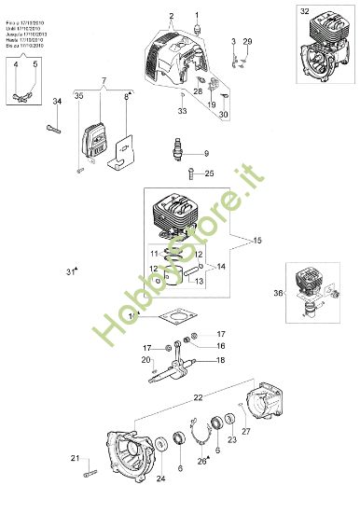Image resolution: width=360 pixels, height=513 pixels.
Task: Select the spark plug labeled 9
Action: coord(173,151)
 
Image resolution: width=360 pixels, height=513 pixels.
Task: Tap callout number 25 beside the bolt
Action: coord(209,173)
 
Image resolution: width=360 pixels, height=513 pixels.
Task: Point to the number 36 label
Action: coord(278,293)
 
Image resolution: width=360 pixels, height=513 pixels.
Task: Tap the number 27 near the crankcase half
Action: coord(246,431)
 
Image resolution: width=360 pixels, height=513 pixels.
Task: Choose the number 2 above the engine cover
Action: coord(172,17)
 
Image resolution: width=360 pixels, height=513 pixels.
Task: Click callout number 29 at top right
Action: coord(247,43)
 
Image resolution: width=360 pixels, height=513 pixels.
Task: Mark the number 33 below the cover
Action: coord(183,111)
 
